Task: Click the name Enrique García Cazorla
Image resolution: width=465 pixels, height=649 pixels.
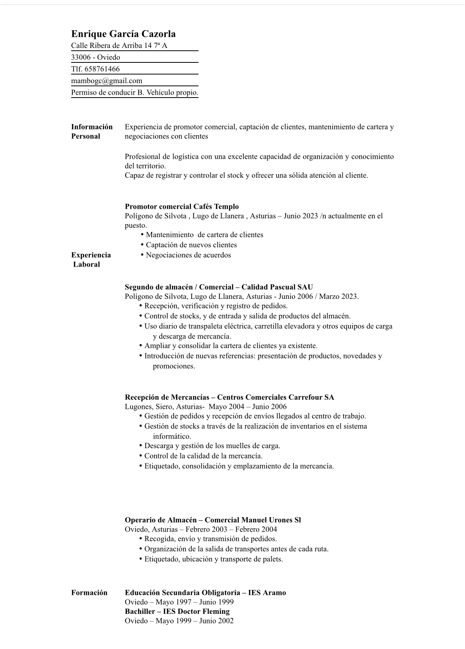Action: coord(123,34)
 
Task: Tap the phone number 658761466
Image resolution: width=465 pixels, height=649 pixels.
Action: coord(102,69)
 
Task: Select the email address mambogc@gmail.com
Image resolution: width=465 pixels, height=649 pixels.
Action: coord(107,81)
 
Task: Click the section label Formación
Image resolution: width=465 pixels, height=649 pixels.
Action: coord(89,593)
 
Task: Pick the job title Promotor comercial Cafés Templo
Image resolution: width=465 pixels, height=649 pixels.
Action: coord(182,207)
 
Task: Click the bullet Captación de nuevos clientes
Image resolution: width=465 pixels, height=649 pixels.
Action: coord(191,245)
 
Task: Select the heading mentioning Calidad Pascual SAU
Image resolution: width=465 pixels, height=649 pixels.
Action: coord(219,287)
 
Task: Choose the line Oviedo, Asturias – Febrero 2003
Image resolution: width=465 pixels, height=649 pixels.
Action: coord(201,530)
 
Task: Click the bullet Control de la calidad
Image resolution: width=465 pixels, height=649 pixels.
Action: coord(203,456)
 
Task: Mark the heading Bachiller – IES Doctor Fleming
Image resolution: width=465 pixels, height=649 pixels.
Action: coord(177,611)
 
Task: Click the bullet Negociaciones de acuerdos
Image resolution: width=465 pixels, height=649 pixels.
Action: coord(188,255)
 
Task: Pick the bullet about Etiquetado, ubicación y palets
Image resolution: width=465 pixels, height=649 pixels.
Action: coord(213,559)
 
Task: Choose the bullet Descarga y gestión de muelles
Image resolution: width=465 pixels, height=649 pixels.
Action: coord(212,446)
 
